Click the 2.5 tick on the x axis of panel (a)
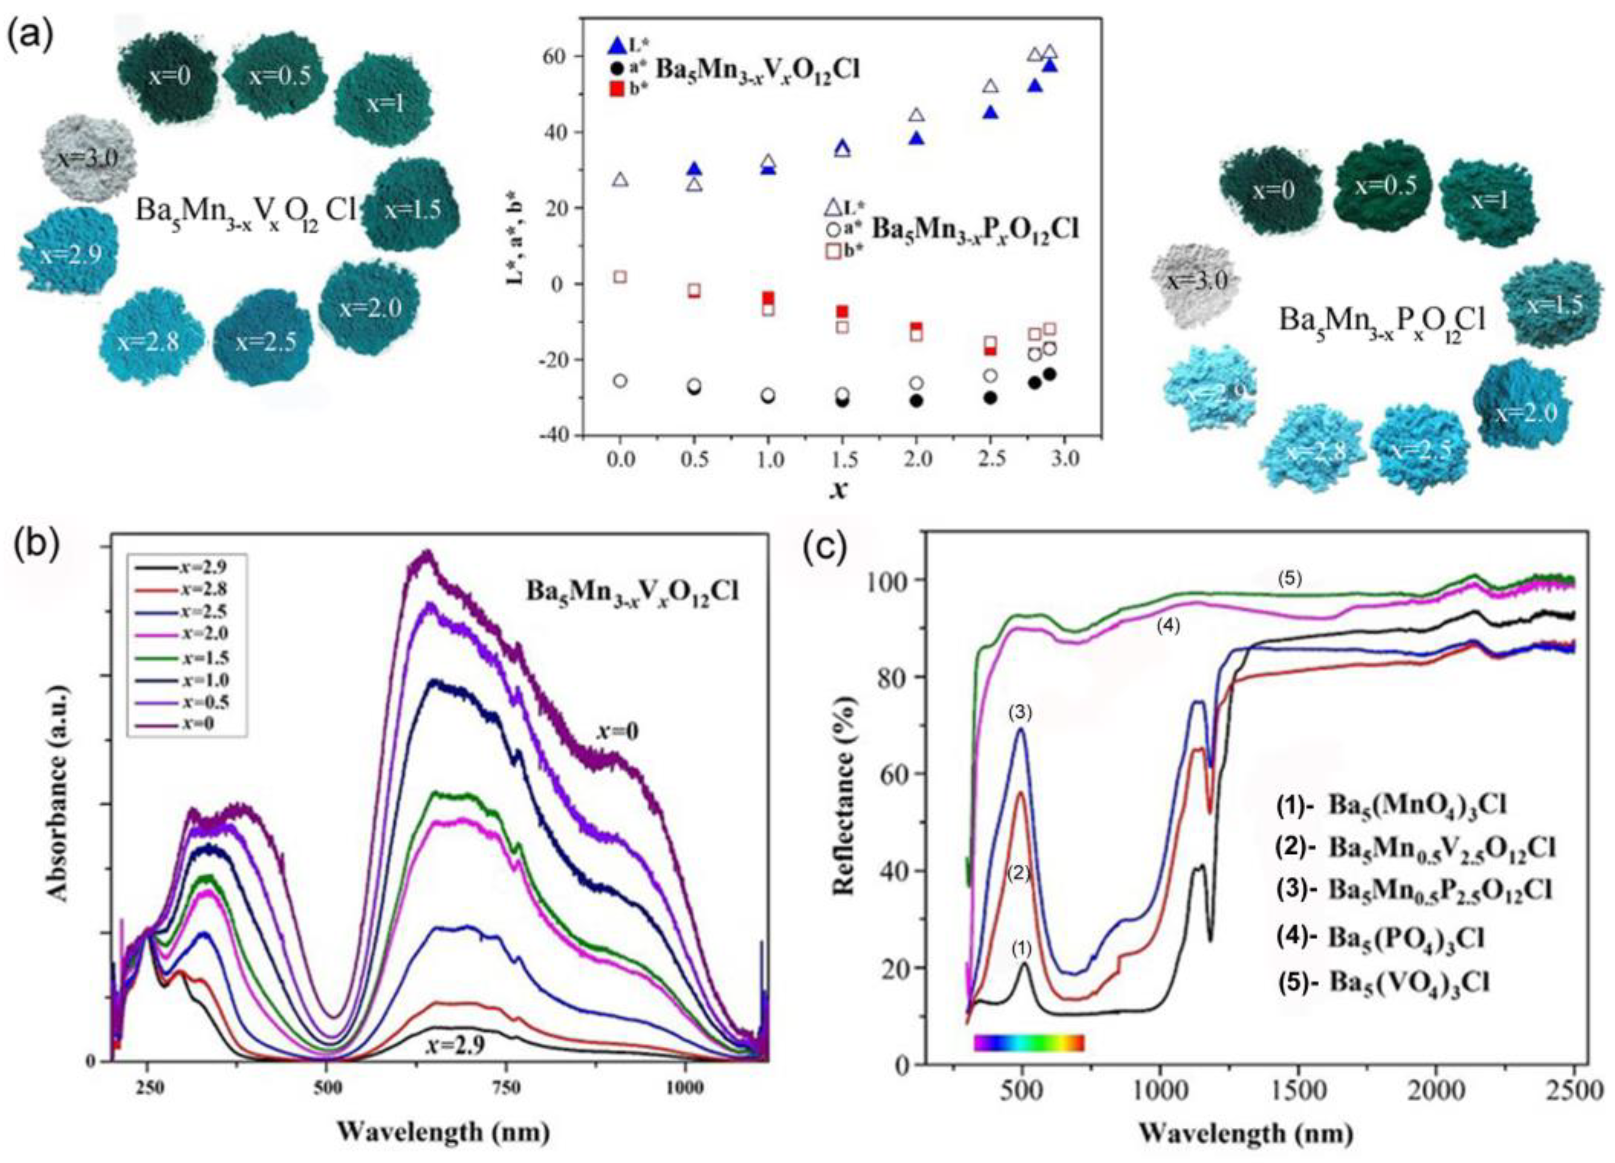tap(991, 459)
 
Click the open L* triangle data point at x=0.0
tap(620, 179)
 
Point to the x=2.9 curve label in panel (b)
tap(456, 1045)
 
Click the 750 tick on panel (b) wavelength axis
tap(507, 1088)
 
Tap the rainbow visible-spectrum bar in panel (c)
tap(1029, 1043)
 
